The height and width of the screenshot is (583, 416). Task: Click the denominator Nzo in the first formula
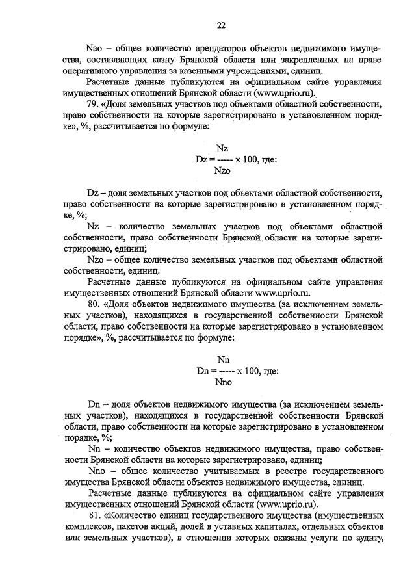pos(222,171)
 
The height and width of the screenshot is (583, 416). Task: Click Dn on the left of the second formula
pos(203,370)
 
